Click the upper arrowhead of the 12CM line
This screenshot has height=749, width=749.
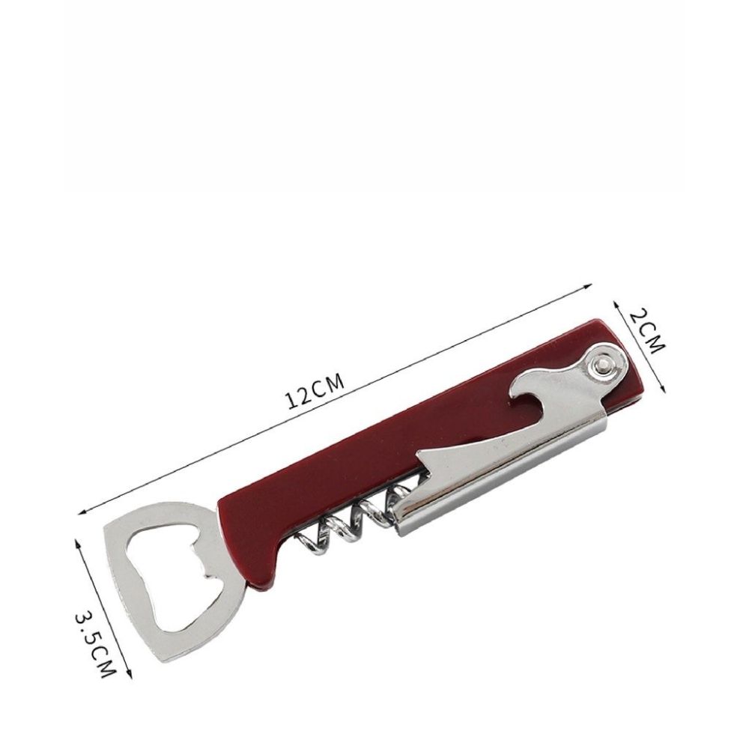point(589,285)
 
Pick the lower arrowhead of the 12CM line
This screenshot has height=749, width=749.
point(82,512)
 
